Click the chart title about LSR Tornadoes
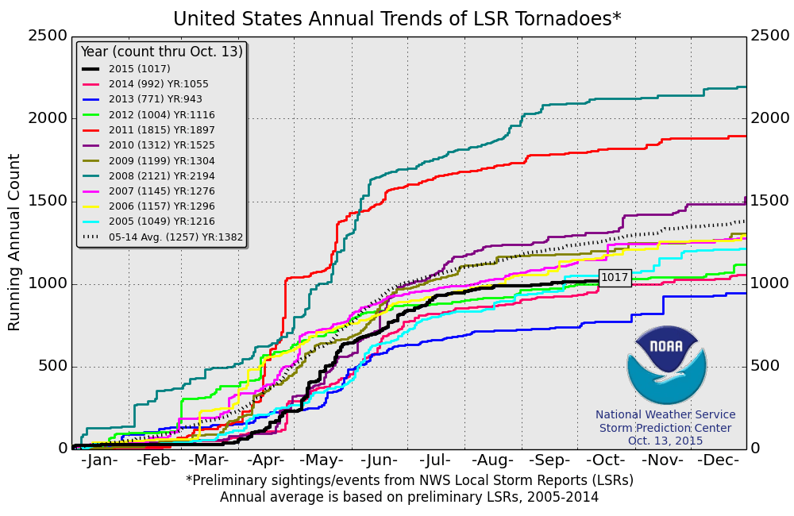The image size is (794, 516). (x=397, y=18)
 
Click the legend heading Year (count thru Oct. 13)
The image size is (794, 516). (x=161, y=52)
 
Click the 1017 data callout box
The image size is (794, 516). (x=615, y=278)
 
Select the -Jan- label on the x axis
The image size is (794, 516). (x=99, y=461)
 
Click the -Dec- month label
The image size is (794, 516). (x=719, y=461)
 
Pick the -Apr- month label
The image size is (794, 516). (x=267, y=461)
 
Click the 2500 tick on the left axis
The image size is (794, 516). (x=47, y=37)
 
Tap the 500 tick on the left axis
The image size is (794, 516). (x=52, y=366)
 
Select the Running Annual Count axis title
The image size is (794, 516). (x=15, y=242)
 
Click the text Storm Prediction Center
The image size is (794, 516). (x=665, y=428)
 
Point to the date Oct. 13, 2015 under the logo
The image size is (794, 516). (x=665, y=441)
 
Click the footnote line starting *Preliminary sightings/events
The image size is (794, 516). (x=410, y=480)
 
